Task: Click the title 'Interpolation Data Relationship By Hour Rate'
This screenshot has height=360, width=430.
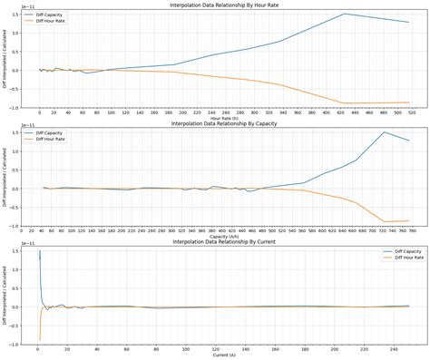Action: click(227, 5)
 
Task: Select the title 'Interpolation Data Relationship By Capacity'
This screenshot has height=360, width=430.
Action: click(227, 123)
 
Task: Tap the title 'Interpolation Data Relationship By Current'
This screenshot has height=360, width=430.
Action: click(227, 242)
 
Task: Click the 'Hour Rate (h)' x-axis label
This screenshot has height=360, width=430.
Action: click(227, 118)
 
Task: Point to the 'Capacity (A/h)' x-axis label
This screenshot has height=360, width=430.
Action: click(227, 237)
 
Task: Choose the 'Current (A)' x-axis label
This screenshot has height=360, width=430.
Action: click(227, 355)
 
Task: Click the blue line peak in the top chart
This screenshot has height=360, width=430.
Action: click(345, 14)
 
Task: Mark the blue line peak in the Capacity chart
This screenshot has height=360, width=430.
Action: click(384, 132)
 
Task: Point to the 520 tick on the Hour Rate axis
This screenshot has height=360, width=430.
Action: click(411, 112)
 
